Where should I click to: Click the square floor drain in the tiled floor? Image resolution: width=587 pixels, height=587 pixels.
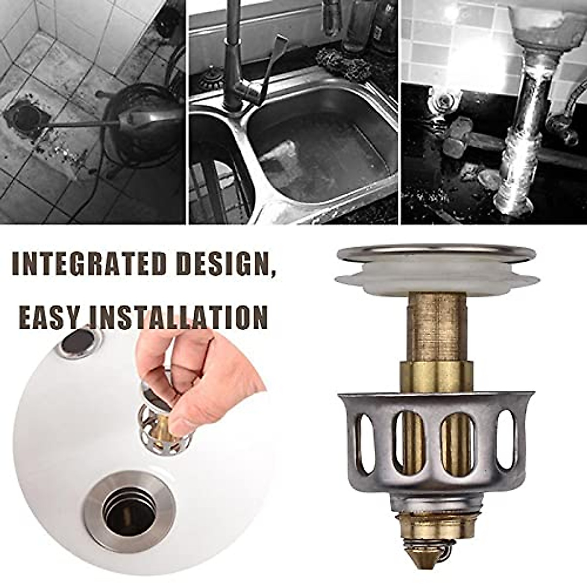pos(24,117)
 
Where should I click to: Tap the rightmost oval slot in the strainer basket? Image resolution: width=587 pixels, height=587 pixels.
pos(506,435)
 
